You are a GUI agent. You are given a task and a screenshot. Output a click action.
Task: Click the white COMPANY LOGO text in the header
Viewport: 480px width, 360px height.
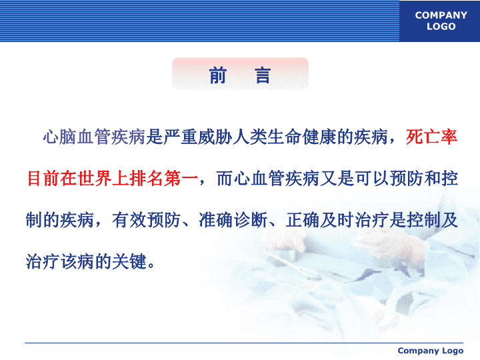(x=441, y=21)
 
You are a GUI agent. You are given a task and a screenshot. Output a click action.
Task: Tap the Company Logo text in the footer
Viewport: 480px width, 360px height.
(x=431, y=351)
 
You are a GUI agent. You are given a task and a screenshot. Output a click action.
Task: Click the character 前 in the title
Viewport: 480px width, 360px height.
(x=218, y=75)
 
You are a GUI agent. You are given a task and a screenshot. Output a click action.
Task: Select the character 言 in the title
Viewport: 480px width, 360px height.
(x=263, y=75)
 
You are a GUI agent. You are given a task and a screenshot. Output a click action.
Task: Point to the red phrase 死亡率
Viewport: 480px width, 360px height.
(x=431, y=137)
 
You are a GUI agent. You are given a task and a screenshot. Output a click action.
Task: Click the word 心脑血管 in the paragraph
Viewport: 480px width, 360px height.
(x=77, y=137)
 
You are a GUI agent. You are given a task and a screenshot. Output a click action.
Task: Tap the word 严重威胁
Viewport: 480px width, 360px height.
(x=198, y=137)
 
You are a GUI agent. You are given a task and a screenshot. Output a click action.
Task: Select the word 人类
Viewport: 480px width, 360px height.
(x=249, y=137)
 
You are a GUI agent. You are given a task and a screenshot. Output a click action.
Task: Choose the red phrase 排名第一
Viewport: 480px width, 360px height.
(x=163, y=179)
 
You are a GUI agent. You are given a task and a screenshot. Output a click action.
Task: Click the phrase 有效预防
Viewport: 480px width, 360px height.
(x=146, y=220)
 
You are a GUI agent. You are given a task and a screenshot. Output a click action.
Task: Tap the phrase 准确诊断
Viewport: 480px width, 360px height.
(x=233, y=220)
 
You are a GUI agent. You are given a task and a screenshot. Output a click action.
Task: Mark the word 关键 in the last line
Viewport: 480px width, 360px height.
(x=129, y=262)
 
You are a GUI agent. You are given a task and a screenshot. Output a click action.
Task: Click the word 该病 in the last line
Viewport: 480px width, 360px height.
(x=77, y=262)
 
